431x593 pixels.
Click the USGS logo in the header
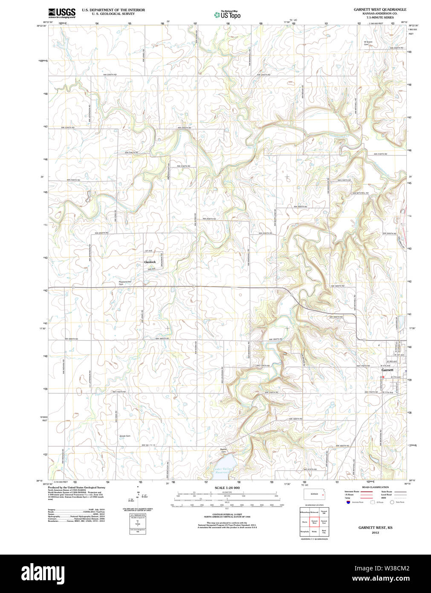click(x=62, y=12)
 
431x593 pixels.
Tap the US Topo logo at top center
click(x=227, y=15)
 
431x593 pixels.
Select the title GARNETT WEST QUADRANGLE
click(x=380, y=9)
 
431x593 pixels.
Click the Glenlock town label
click(x=150, y=262)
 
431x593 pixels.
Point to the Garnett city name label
click(x=387, y=370)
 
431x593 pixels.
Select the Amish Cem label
click(x=124, y=436)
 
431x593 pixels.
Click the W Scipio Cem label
click(x=368, y=43)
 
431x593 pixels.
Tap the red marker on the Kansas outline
click(x=323, y=495)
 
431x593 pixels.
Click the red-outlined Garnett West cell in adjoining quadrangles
click(x=314, y=521)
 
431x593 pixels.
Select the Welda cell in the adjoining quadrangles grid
click(x=314, y=532)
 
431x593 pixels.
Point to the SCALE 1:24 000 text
click(x=227, y=488)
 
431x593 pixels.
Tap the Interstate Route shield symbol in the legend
click(x=348, y=502)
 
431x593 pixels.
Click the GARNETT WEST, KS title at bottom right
click(x=375, y=528)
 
